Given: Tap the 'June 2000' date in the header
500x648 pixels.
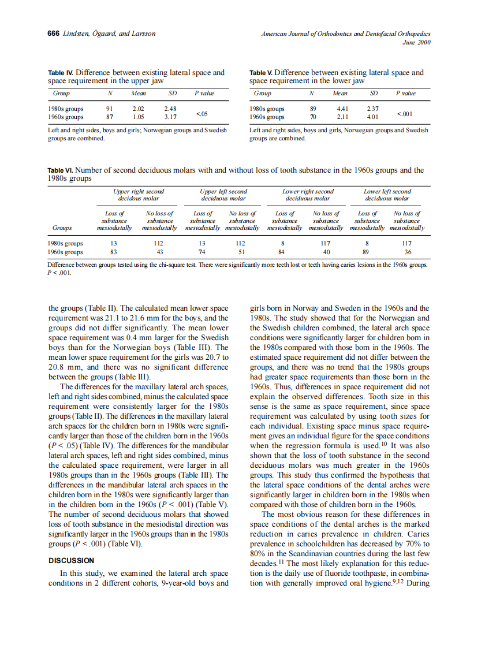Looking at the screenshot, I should point(416,42).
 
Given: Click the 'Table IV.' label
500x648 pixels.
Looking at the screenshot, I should point(61,73).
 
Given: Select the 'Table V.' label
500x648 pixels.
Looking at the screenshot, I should point(261,73).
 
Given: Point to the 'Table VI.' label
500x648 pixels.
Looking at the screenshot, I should point(60,170).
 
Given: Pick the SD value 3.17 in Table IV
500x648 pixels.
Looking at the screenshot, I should point(170,117).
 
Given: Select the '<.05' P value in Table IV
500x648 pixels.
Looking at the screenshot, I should point(202,113).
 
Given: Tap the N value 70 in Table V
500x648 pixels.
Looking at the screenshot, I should point(313,117).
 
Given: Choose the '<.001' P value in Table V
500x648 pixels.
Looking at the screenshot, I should point(404,113).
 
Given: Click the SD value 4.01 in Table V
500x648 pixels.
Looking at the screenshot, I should point(372,117).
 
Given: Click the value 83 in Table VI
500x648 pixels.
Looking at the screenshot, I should point(114,252).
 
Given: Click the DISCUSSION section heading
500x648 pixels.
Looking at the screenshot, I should point(71,560).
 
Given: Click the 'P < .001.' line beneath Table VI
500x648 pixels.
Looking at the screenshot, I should point(59,274).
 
